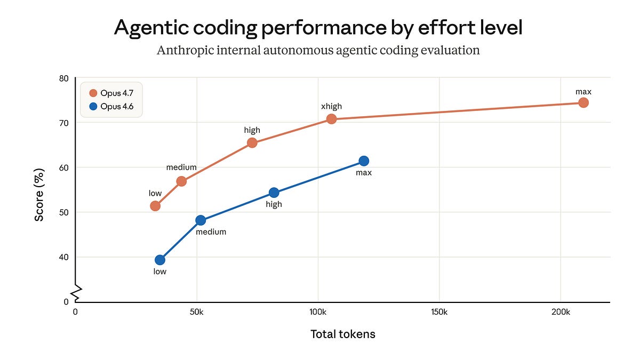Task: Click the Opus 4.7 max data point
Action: point(583,102)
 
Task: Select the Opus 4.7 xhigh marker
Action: point(331,118)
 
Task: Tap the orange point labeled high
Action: point(252,142)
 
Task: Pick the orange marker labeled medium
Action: point(181,181)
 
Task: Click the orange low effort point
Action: point(155,205)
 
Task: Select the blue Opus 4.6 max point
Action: point(364,161)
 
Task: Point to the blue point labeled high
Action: point(274,193)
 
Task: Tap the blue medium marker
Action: point(201,220)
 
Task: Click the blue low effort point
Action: point(160,260)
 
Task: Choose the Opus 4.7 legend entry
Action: point(111,93)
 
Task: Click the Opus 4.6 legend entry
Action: point(111,107)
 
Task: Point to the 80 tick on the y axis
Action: point(63,78)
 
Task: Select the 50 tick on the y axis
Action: point(63,212)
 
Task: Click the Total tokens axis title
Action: point(343,334)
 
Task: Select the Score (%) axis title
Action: point(39,195)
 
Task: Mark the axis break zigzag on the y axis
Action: point(76,292)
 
